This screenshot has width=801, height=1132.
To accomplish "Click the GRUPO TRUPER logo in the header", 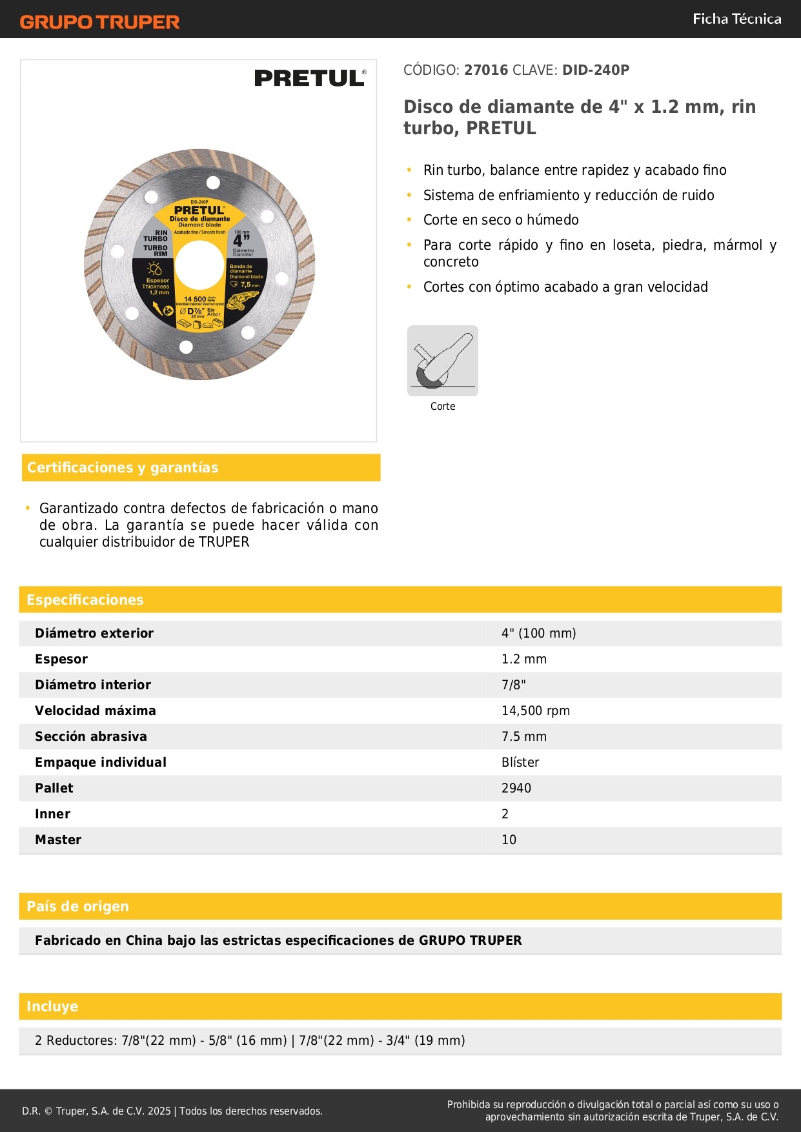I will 99,22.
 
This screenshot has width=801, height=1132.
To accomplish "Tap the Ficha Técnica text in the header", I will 736,19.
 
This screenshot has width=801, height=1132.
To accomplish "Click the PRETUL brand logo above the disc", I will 310,78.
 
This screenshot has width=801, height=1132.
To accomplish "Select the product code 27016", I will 486,70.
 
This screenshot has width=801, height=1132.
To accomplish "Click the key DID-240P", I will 595,70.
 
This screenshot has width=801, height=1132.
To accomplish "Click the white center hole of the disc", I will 199,265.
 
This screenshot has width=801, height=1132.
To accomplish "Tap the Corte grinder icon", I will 443,361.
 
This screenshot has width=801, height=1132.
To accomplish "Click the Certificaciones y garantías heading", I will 123,467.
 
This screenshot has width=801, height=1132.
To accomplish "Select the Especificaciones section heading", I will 85,600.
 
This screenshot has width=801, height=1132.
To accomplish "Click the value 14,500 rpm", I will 535,711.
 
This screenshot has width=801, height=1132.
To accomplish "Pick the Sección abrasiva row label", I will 91,736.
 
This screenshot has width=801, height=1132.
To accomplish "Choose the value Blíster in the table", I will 520,762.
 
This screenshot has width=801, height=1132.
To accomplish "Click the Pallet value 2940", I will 516,788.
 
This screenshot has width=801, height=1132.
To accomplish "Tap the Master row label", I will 58,840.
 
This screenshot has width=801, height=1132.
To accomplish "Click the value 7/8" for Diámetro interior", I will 513,685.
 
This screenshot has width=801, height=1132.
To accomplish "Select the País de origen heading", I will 77,906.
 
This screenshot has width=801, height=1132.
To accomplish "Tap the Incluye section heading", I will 52,1006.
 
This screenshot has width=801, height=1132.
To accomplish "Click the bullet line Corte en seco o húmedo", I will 501,219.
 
